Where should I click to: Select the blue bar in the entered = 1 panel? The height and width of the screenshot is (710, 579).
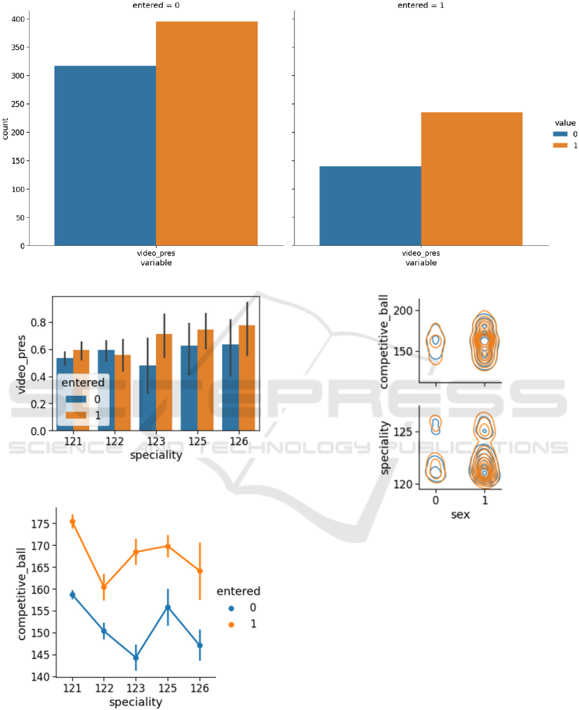pos(370,205)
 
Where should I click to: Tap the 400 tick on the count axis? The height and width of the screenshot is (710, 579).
pos(23,19)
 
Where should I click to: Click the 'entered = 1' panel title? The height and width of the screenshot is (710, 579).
pos(421,5)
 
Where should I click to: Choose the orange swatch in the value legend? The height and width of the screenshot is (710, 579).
pos(561,146)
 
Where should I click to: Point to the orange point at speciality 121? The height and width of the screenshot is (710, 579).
pos(73,522)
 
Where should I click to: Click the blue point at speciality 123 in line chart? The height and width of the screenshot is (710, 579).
pos(136,657)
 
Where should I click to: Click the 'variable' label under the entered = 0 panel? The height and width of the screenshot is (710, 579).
pos(156,263)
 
